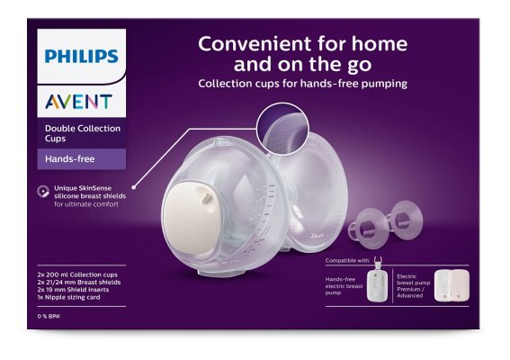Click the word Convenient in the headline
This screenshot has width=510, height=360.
(245, 43)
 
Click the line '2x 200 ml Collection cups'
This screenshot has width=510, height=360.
(78, 272)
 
